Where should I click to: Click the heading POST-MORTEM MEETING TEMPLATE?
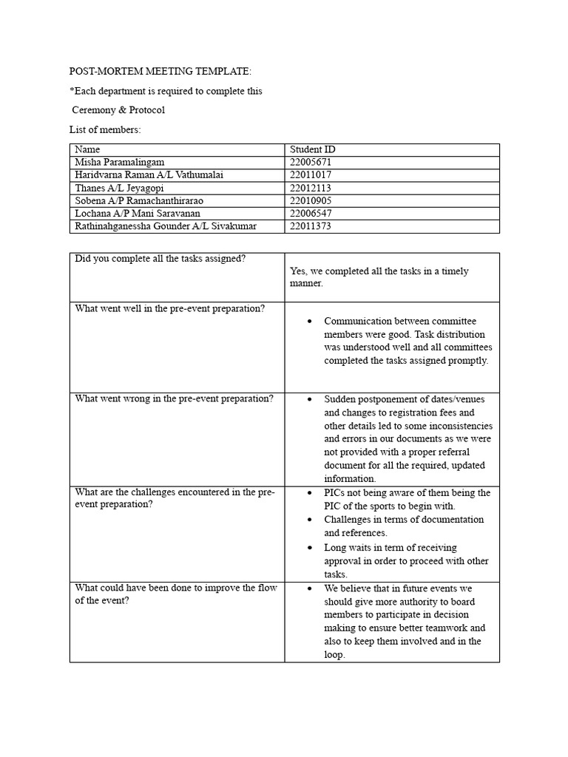(160, 72)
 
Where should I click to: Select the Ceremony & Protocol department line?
(118, 110)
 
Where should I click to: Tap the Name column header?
(87, 149)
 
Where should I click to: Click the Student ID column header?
(313, 149)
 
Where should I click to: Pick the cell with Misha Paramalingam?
(120, 162)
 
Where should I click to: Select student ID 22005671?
(311, 162)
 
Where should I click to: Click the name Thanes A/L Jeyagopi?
(119, 188)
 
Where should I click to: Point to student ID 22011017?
(311, 174)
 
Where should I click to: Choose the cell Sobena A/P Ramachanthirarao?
(139, 200)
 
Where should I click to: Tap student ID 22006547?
(311, 213)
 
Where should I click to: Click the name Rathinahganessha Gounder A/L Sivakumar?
(166, 226)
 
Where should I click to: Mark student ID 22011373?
(311, 226)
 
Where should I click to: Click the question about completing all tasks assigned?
(160, 259)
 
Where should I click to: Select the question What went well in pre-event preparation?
(169, 308)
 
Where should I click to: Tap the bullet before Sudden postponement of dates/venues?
(309, 399)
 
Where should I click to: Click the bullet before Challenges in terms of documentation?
(309, 520)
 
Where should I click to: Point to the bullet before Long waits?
(309, 548)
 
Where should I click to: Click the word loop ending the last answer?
(334, 655)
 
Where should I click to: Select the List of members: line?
(105, 130)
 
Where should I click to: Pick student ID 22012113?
(311, 188)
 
